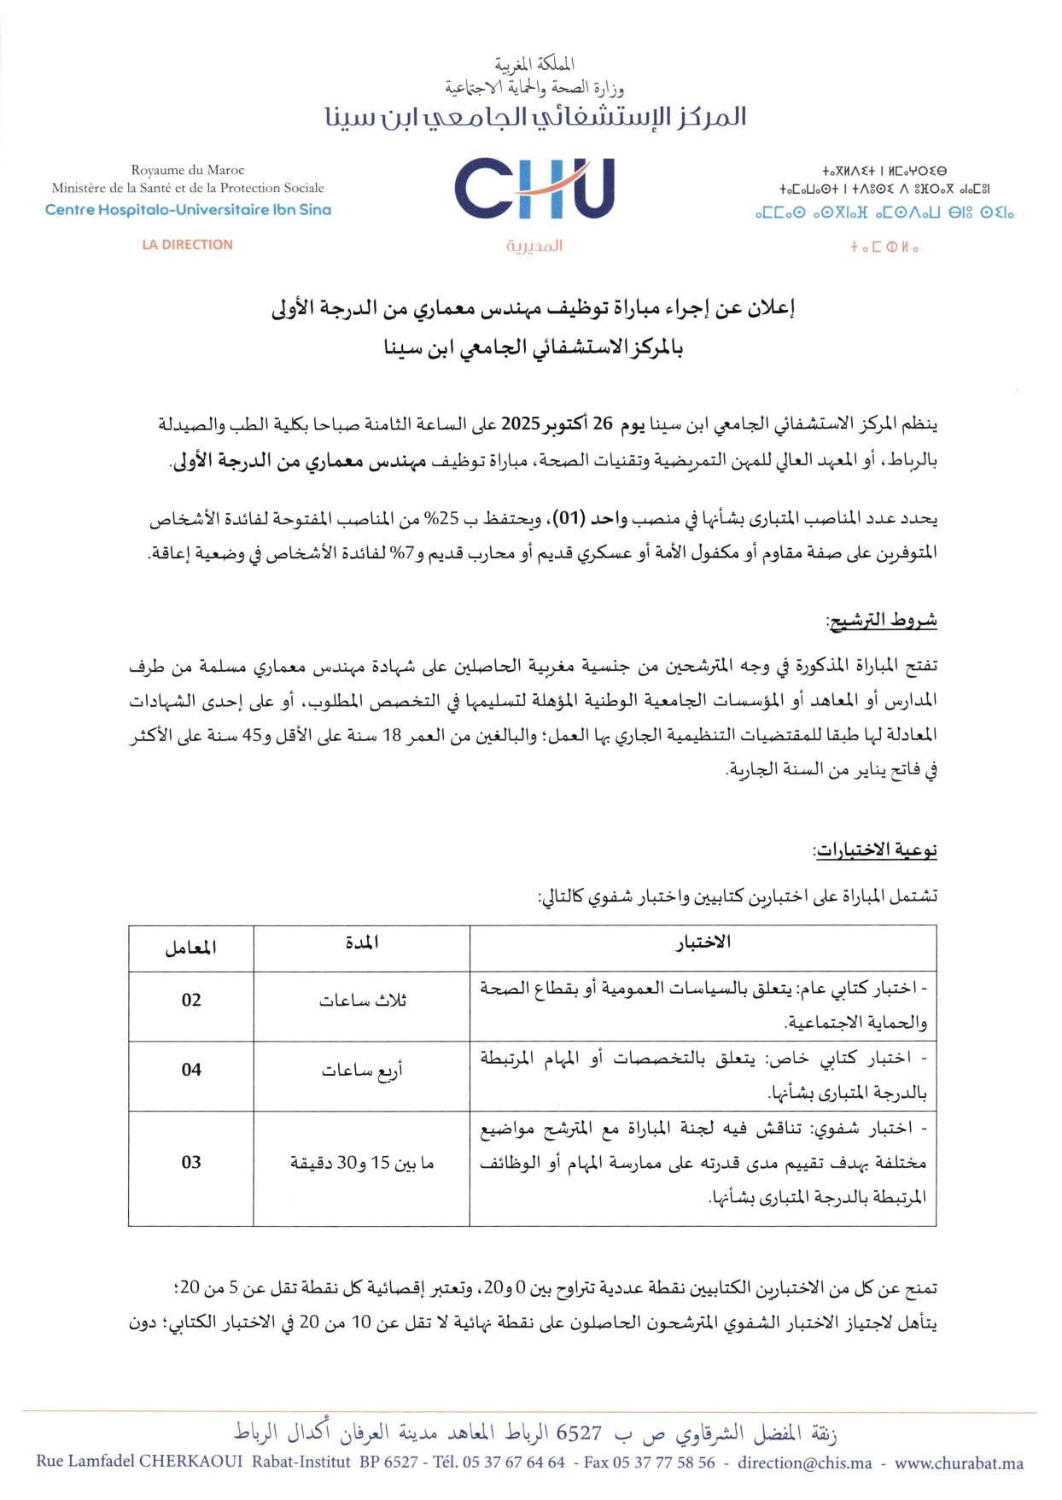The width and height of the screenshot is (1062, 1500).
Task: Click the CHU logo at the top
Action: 534,189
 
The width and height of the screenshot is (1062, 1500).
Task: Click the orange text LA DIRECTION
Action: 187,245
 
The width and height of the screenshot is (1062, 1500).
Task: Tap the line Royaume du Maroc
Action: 188,170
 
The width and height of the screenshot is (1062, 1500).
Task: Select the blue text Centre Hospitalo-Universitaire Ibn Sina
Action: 188,210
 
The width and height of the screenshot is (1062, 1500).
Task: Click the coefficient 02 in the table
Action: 191,1000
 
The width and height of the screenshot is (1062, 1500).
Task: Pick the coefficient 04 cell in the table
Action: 191,1070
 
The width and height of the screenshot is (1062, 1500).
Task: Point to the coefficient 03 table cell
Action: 191,1162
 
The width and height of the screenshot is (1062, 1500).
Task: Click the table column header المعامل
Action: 190,948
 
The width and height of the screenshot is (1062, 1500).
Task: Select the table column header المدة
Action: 362,943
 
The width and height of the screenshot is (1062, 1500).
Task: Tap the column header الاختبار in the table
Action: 703,943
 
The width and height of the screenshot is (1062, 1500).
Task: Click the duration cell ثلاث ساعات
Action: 362,1001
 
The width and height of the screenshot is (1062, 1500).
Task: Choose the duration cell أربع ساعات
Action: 362,1070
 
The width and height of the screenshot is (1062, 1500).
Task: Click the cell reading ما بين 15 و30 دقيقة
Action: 362,1163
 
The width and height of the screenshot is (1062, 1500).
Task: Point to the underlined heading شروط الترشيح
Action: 882,620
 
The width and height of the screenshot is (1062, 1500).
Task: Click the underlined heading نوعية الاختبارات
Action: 876,849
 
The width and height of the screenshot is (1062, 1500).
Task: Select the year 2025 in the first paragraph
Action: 520,423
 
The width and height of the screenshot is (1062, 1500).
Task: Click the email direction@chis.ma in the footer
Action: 805,1462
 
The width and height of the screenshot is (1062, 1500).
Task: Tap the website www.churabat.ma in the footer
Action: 959,1462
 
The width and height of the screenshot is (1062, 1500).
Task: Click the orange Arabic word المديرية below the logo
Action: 534,246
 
